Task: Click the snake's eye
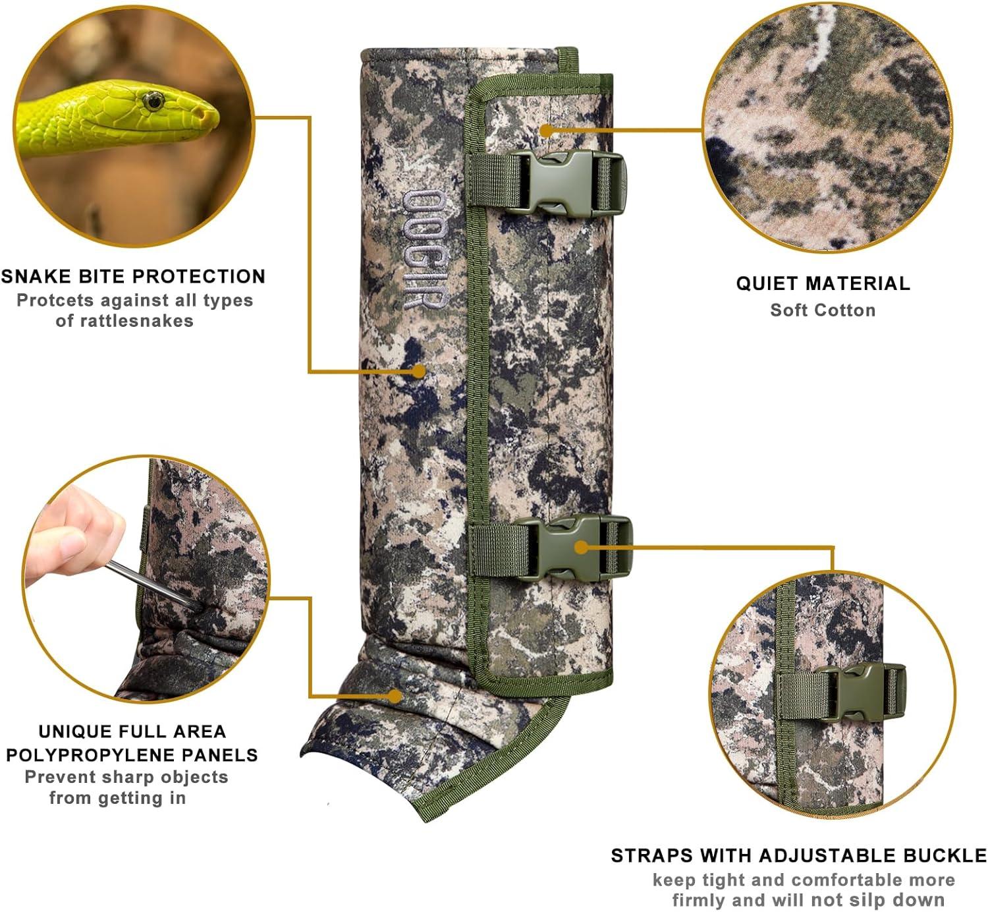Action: coord(153,101)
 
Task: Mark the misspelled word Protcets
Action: coord(55,300)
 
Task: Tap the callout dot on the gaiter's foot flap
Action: coord(395,695)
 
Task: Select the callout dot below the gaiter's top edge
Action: coord(546,131)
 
